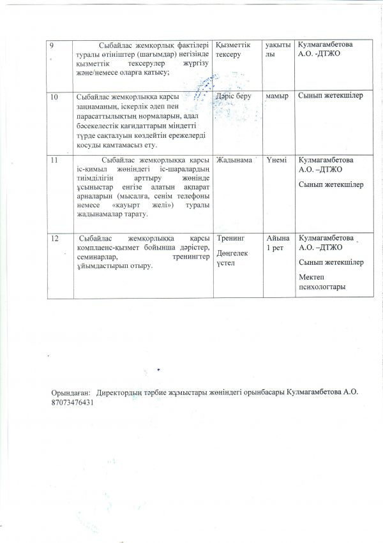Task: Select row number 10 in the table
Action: point(55,96)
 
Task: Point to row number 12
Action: point(55,238)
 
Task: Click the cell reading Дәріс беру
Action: point(234,96)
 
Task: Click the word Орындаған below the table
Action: point(70,394)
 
